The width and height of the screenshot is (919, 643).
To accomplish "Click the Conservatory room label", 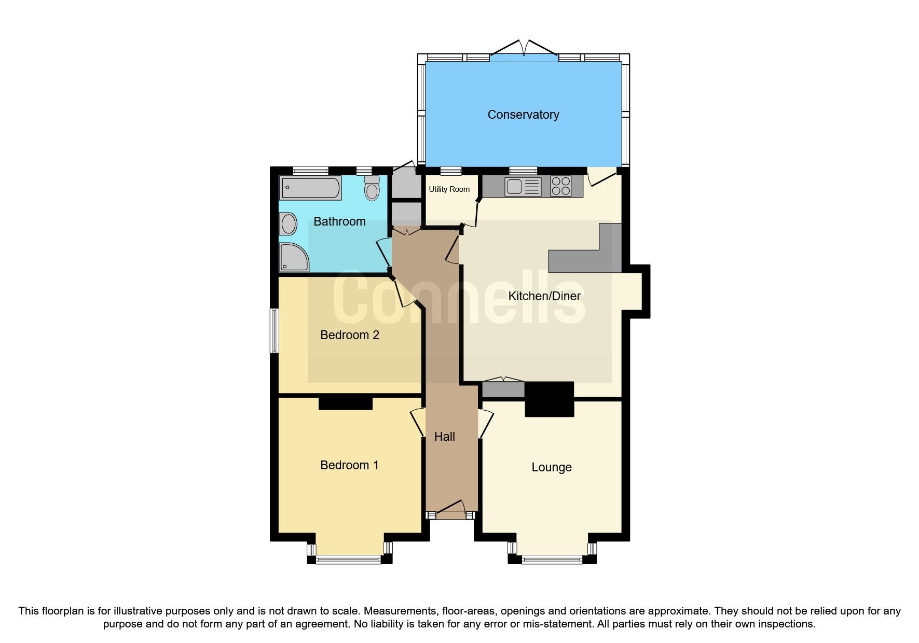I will (523, 115).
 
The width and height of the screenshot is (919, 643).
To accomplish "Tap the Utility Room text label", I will (449, 189).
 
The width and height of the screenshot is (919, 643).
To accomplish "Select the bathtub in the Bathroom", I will (310, 188).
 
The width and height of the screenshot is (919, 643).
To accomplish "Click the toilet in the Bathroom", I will (372, 188).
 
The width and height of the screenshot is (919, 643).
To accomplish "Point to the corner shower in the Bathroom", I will (293, 257).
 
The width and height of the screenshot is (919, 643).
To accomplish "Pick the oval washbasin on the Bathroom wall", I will (288, 225).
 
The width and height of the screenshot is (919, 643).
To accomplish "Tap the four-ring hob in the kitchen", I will (560, 186).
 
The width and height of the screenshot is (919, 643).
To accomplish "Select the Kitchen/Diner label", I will (544, 296).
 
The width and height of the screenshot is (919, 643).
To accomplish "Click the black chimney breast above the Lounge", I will (549, 399).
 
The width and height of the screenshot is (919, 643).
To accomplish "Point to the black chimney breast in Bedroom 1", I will (345, 403).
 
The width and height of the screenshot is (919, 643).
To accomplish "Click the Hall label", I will (444, 437).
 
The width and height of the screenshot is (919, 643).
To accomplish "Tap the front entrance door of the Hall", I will (450, 510).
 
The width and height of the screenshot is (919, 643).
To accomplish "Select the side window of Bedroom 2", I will (274, 331).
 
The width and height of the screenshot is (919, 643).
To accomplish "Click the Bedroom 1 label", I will (349, 465).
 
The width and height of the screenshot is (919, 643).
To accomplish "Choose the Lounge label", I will (551, 467).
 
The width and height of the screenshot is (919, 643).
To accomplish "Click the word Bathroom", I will (339, 221).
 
